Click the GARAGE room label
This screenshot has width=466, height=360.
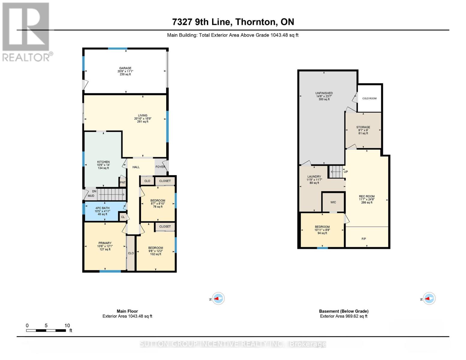[x=125, y=68]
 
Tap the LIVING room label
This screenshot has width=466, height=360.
[x=143, y=115]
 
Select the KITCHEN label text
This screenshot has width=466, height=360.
[x=103, y=162]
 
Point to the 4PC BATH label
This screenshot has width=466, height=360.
[x=102, y=208]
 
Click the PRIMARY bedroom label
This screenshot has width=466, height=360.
[x=105, y=243]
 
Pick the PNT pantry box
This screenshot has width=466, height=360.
[x=123, y=182]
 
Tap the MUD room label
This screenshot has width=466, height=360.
[x=91, y=196]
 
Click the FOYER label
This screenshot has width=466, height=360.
[x=160, y=167]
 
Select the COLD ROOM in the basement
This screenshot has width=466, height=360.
[x=369, y=98]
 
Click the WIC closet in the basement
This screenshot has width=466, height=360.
[x=333, y=202]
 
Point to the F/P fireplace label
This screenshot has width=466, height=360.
[x=364, y=239]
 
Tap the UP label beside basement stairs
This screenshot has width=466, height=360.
[x=346, y=172]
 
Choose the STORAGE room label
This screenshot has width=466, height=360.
[x=363, y=127]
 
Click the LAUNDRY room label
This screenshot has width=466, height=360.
[x=314, y=177]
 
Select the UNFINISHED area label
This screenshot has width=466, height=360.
[x=324, y=93]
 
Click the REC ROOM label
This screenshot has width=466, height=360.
[x=367, y=196]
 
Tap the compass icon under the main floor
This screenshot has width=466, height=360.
[x=219, y=298]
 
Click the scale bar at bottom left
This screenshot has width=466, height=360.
[x=46, y=331]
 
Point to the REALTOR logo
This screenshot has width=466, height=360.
[x=26, y=31]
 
